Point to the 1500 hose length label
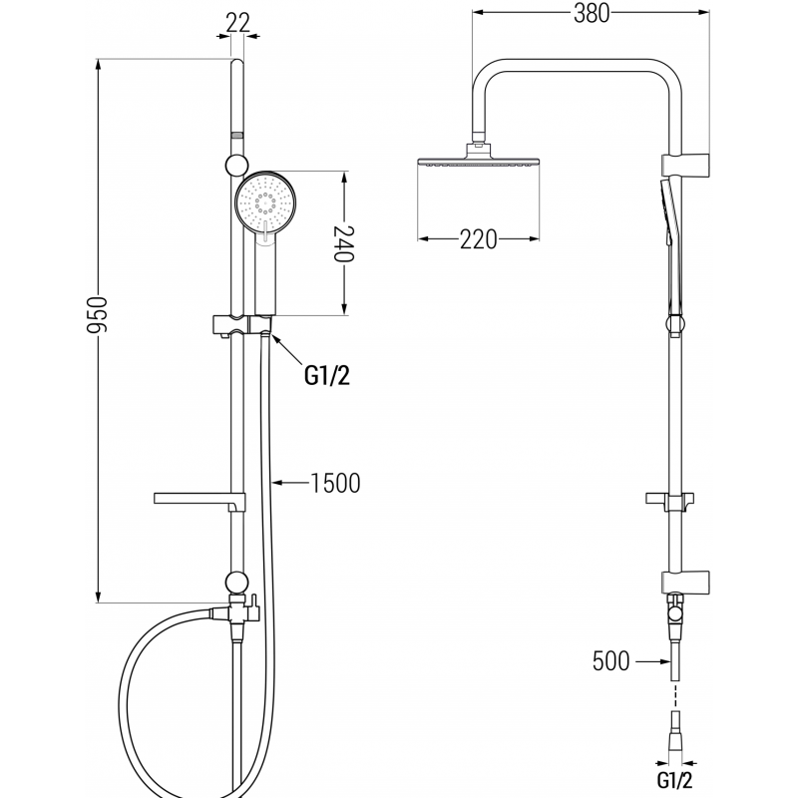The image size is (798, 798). (x=334, y=484)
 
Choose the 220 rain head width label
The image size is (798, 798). (x=478, y=239)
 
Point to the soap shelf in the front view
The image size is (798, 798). (x=197, y=498)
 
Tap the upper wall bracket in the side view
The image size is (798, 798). (x=683, y=162)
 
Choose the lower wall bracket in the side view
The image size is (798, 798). (x=683, y=579)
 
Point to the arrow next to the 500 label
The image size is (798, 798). (x=649, y=660)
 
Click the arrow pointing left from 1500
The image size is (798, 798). (x=289, y=484)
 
